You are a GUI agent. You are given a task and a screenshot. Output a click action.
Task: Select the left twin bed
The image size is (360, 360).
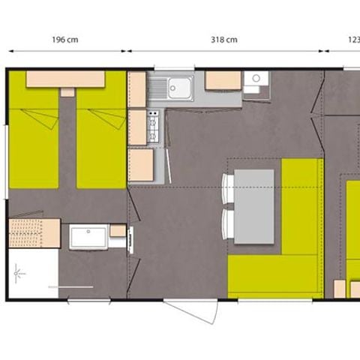click(34, 139)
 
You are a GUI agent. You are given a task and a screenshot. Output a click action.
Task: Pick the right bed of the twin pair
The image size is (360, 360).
click(100, 139)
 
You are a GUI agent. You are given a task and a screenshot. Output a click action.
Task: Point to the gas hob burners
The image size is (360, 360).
click(154, 126)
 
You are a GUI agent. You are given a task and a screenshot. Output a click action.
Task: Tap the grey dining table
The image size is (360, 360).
click(253, 205)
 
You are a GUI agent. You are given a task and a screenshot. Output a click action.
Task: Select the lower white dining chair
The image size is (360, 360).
click(227, 223)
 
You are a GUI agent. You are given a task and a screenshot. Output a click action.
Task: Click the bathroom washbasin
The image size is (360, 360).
click(89, 237)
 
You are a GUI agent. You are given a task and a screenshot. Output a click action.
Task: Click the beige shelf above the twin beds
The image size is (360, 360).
click(65, 79)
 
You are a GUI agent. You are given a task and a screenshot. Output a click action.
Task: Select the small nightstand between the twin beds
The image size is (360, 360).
click(67, 91)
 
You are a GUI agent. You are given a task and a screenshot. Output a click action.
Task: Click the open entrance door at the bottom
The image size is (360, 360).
click(191, 311)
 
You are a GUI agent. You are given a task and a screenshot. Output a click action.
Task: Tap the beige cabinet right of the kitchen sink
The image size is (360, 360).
click(222, 80)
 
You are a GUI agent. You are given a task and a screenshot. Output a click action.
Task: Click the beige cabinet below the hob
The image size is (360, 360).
click(140, 164)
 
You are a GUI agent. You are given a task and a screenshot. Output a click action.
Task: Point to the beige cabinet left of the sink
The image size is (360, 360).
click(136, 89)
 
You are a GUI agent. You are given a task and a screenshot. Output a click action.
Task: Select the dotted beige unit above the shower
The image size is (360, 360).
click(34, 232)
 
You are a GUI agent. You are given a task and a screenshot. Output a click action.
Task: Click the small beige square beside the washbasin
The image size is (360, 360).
click(118, 230)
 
